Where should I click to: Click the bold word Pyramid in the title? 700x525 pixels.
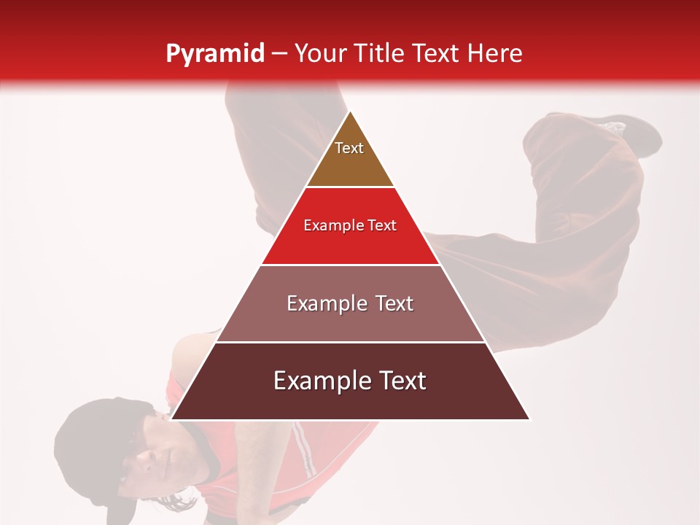[x=214, y=54]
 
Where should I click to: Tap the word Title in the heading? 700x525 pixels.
[x=380, y=53]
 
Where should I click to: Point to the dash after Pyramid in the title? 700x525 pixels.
[x=279, y=54]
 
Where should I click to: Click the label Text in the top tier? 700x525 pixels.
[x=349, y=148]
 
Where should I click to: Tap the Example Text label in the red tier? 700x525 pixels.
[x=350, y=225]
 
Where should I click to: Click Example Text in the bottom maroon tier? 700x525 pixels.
[x=350, y=381]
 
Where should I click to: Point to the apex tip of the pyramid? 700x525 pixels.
[x=350, y=112]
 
